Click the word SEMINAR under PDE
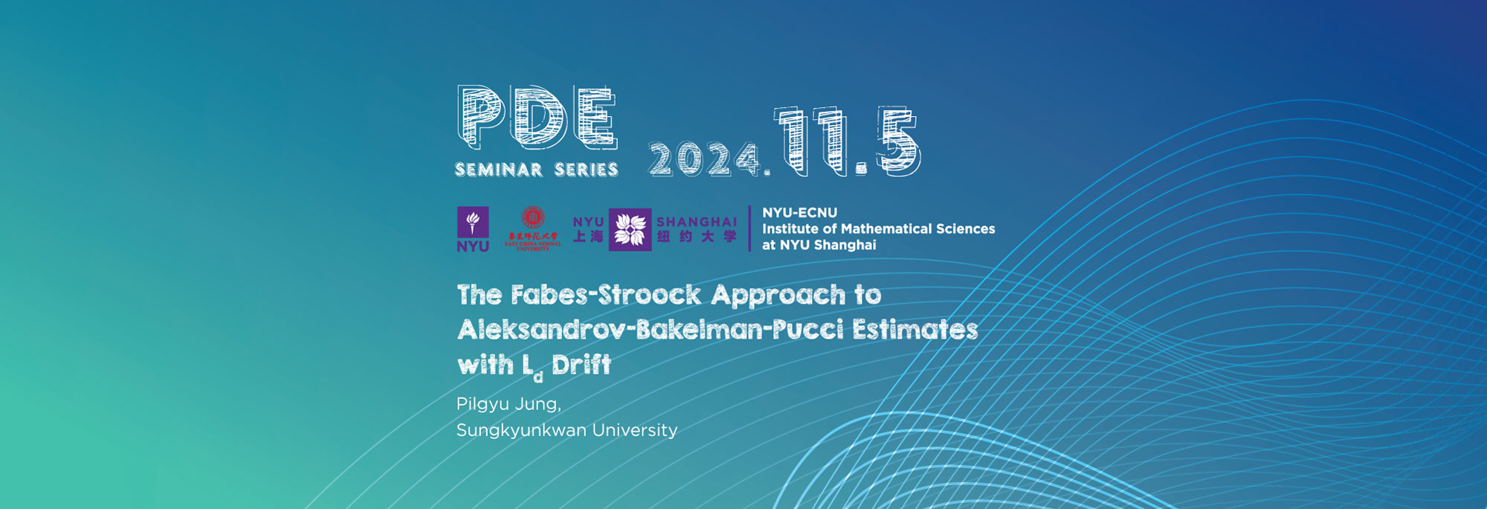click(499, 170)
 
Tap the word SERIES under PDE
click(587, 170)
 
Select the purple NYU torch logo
click(473, 228)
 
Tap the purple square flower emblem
click(630, 229)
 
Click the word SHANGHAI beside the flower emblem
click(697, 222)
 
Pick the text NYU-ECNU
click(799, 213)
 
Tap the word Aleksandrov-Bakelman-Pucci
click(650, 330)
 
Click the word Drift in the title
click(581, 365)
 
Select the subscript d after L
click(538, 377)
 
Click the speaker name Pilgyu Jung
click(509, 404)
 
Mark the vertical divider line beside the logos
click(749, 228)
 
